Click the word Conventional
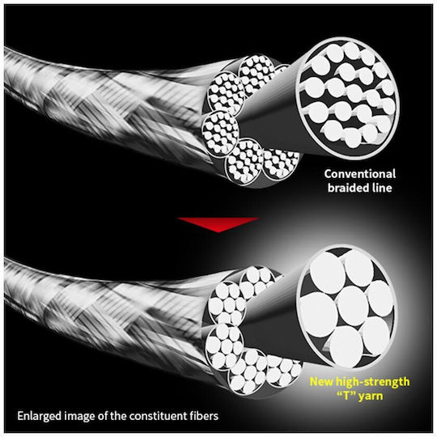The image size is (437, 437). [x=359, y=174]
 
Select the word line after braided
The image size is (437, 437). [x=382, y=188]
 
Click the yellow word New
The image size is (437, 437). [x=321, y=381]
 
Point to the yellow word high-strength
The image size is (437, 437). [x=372, y=383]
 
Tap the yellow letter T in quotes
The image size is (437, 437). [x=347, y=396]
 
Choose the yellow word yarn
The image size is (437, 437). [x=371, y=397]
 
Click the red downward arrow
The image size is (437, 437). [x=218, y=225]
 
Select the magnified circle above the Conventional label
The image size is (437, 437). [x=347, y=98]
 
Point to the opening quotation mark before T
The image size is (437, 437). [x=340, y=393]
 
